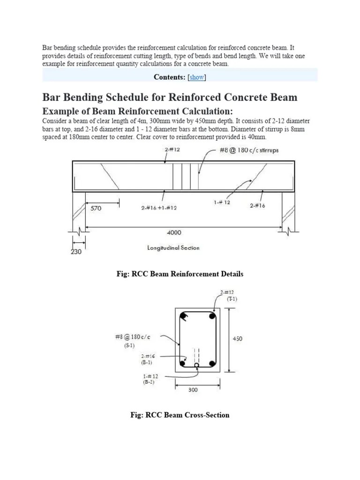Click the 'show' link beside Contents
point(197,77)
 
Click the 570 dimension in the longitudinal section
point(96,209)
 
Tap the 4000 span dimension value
point(174,232)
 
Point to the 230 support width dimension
point(76,252)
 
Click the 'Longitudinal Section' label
point(173,248)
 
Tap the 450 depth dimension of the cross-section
point(238,338)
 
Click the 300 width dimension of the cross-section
point(194,390)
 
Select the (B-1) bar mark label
point(147,362)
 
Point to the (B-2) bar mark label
point(149,382)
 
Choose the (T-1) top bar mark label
point(232,299)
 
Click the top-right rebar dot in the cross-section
point(212,316)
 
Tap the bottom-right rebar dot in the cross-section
point(212,363)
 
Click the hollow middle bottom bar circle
point(197,365)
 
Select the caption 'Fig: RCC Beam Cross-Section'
point(180,415)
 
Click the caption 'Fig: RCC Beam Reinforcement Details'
point(180,274)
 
